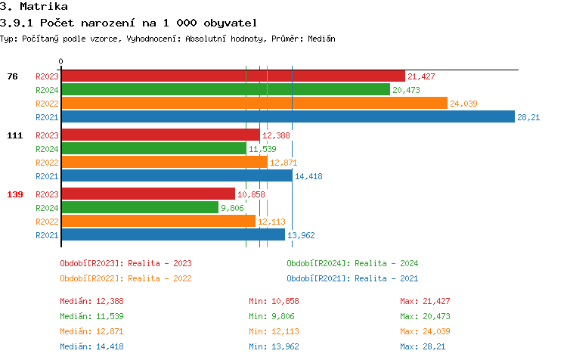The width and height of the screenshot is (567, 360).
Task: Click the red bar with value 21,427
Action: pyautogui.click(x=233, y=76)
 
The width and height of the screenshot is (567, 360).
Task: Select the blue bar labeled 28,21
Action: pyautogui.click(x=287, y=116)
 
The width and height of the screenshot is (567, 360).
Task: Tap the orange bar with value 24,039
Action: pyautogui.click(x=254, y=103)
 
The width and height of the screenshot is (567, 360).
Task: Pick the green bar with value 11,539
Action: pyautogui.click(x=153, y=148)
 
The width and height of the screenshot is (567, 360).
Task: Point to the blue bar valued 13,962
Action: pyautogui.click(x=172, y=234)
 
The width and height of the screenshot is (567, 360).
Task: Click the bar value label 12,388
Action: pyautogui.click(x=277, y=135)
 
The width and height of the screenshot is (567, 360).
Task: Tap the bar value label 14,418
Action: pyautogui.click(x=308, y=176)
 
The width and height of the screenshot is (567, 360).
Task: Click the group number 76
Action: pyautogui.click(x=12, y=76)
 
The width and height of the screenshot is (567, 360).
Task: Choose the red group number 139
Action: pyautogui.click(x=14, y=194)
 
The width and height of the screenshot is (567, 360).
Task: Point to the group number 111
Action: pyautogui.click(x=14, y=135)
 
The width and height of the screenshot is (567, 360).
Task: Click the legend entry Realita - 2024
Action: pyautogui.click(x=352, y=263)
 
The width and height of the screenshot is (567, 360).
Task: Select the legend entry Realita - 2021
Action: pyautogui.click(x=352, y=278)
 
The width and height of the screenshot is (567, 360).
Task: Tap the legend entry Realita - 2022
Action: pyautogui.click(x=125, y=278)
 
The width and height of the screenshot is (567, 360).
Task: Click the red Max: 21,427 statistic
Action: pyautogui.click(x=426, y=302)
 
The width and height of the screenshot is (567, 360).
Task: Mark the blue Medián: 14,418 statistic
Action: pyautogui.click(x=91, y=346)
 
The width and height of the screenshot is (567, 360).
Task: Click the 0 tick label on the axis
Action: pyautogui.click(x=61, y=61)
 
